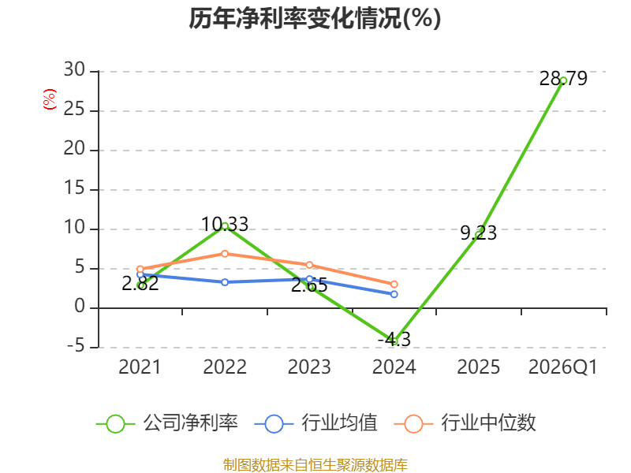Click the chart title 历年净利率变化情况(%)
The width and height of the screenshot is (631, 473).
coord(315,18)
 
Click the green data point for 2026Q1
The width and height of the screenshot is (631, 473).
coord(563,81)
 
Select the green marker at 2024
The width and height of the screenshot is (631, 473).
coord(394,341)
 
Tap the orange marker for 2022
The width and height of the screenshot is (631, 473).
coord(225,254)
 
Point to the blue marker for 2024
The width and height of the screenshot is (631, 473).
coord(394,294)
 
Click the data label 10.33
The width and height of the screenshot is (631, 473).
coord(225,225)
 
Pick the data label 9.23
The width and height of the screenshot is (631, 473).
coord(479,233)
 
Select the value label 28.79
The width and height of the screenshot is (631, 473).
coord(563,78)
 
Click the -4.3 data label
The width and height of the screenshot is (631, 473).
coord(394,340)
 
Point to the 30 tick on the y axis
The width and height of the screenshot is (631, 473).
coord(74,70)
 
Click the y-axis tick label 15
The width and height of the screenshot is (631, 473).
coord(74,188)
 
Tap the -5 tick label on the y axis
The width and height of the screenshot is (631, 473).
coord(76,346)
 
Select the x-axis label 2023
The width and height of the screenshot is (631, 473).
coord(309,367)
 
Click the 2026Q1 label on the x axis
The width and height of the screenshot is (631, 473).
coord(563,367)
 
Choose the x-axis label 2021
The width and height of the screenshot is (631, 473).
coord(140,367)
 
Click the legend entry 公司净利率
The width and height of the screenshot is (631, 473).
coord(167,423)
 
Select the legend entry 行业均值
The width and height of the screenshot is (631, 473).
coord(316,423)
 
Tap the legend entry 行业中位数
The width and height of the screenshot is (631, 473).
coord(465,423)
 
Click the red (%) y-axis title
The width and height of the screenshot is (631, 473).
coord(50,99)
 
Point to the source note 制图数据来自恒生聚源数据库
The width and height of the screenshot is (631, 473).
coord(315,465)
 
